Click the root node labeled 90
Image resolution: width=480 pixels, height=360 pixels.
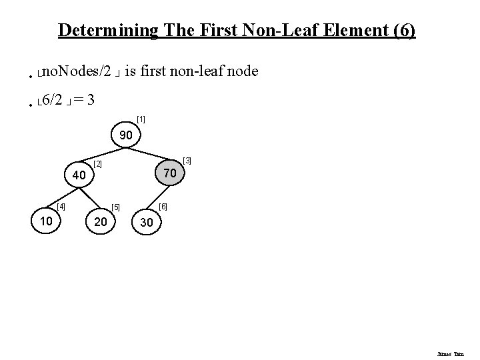(x=126, y=136)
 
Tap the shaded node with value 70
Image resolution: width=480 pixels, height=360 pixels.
(x=170, y=173)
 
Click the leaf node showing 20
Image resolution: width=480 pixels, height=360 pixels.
(x=101, y=221)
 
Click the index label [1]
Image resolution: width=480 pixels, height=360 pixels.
(x=141, y=120)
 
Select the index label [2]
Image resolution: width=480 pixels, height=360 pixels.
(x=97, y=164)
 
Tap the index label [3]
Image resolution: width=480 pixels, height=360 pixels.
(x=187, y=161)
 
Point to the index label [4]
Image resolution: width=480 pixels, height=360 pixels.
(x=61, y=207)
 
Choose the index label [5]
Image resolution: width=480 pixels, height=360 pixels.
(x=115, y=207)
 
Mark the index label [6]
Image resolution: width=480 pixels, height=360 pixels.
(x=163, y=207)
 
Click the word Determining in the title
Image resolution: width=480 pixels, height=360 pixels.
(x=109, y=31)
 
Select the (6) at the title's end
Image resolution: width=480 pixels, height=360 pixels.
(x=405, y=31)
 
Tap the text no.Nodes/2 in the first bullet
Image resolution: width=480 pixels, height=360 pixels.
(x=77, y=71)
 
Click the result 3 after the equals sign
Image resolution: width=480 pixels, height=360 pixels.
(x=90, y=101)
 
